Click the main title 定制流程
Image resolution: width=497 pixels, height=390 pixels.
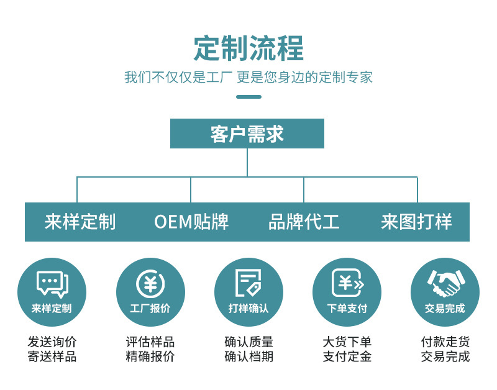(248, 48)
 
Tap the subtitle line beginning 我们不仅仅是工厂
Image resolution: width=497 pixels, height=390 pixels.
(248, 78)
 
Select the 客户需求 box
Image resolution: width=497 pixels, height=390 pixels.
(247, 134)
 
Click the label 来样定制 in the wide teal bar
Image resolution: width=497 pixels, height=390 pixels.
(80, 222)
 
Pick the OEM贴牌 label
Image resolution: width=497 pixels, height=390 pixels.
(191, 222)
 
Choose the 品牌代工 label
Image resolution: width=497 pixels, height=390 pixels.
(304, 222)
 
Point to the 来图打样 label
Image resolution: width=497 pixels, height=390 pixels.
(416, 222)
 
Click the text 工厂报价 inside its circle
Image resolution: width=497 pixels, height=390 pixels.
(150, 308)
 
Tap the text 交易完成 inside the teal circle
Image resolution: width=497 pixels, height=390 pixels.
(445, 308)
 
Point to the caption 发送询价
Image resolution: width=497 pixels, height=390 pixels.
(52, 342)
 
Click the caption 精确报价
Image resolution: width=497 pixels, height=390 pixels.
(150, 356)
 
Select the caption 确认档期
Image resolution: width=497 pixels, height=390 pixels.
(248, 356)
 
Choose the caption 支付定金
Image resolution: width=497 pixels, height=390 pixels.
(347, 356)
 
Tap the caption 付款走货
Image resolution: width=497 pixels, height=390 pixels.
(445, 342)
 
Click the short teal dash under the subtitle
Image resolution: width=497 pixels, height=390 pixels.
(248, 96)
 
